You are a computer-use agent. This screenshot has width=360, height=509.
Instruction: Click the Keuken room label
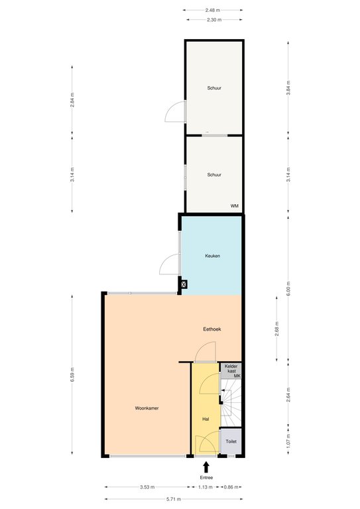click(213, 256)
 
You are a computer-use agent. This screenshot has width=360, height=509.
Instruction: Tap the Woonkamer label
click(147, 408)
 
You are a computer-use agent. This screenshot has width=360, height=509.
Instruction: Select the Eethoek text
click(212, 329)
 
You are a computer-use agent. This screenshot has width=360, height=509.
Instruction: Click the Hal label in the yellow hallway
click(206, 419)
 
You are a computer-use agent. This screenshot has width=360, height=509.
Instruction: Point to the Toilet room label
click(231, 441)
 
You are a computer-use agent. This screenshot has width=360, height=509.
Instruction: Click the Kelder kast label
click(231, 368)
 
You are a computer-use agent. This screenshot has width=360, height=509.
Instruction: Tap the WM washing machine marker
click(235, 206)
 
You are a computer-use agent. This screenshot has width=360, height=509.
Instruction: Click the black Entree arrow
click(206, 467)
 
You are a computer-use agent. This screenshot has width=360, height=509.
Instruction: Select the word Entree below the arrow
click(206, 477)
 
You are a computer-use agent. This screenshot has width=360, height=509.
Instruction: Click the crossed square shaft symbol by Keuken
click(184, 284)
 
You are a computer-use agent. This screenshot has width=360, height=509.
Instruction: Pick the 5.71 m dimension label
click(174, 499)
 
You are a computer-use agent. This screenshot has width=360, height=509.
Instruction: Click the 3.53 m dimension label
click(147, 487)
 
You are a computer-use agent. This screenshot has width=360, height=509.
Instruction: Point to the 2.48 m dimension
click(213, 10)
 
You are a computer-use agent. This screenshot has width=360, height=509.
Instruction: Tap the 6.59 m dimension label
click(72, 374)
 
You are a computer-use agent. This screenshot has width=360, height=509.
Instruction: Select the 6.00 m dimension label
click(288, 288)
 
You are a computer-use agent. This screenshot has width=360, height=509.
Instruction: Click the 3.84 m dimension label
click(288, 87)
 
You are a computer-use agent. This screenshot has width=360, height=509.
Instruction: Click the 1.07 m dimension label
click(288, 441)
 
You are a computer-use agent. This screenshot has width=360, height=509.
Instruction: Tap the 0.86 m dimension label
click(231, 487)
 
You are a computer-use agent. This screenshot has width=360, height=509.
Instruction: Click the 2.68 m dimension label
click(276, 329)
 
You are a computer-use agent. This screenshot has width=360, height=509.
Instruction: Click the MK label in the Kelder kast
click(237, 376)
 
